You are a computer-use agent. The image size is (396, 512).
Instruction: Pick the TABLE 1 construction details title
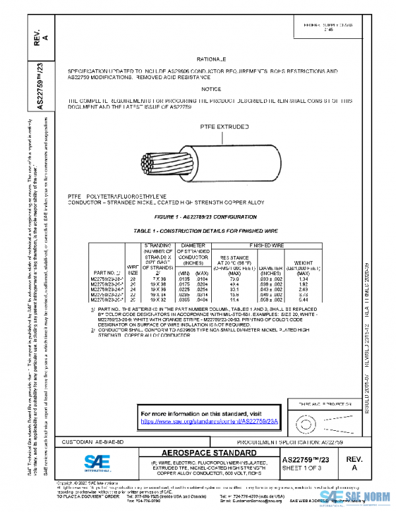(205, 232)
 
